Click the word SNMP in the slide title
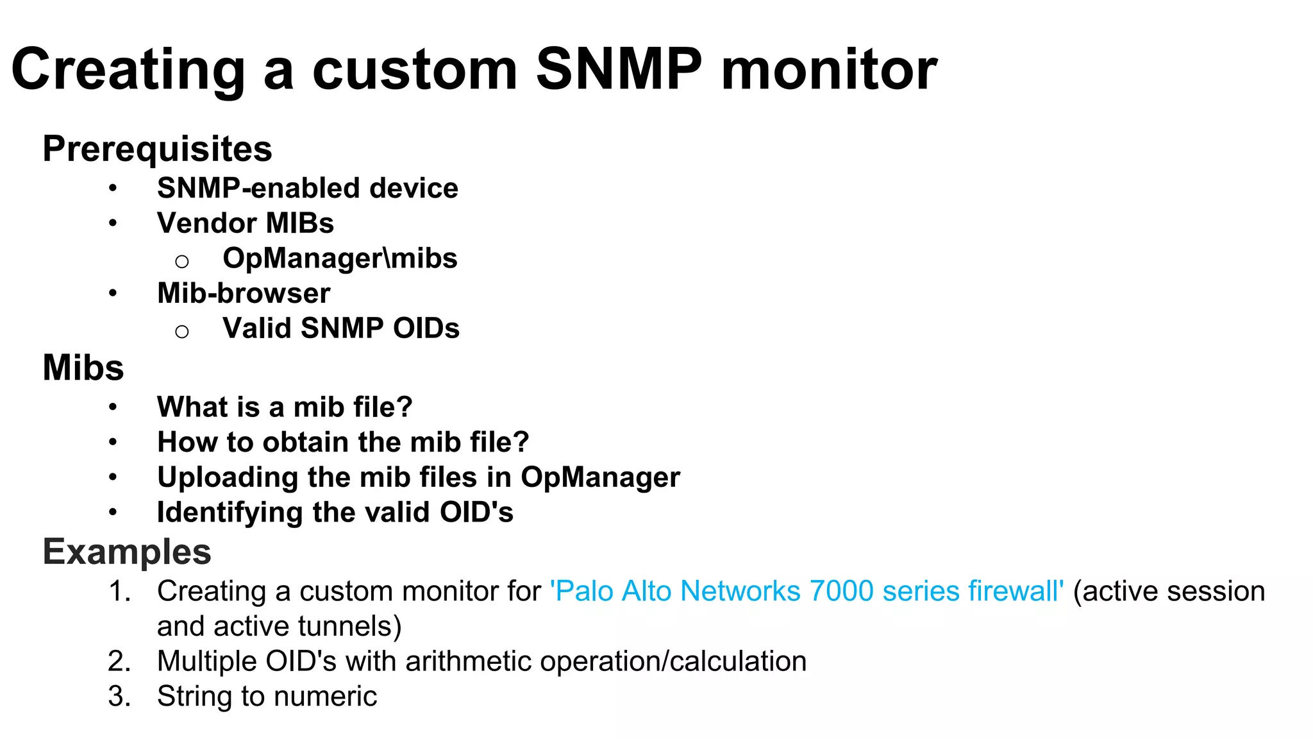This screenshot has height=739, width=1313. click(x=619, y=69)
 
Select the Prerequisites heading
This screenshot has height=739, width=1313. click(x=157, y=149)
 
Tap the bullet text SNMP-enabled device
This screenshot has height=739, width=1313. click(x=308, y=188)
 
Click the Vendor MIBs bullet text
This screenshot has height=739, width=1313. click(x=246, y=223)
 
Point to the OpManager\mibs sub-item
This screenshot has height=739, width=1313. click(x=340, y=258)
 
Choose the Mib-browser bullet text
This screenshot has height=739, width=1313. click(x=244, y=293)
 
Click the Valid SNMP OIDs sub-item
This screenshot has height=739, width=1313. click(x=341, y=328)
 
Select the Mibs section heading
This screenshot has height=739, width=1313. click(x=83, y=368)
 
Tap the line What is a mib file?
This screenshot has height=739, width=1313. click(x=285, y=407)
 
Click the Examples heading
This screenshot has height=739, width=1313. click(x=127, y=552)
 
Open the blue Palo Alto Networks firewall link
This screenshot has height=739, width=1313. click(x=807, y=591)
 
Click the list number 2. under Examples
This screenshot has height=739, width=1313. click(x=119, y=661)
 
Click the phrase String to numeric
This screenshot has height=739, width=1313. click(x=267, y=696)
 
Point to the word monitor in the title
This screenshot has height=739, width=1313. click(x=829, y=69)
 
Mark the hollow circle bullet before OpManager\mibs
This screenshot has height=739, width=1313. click(x=182, y=261)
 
